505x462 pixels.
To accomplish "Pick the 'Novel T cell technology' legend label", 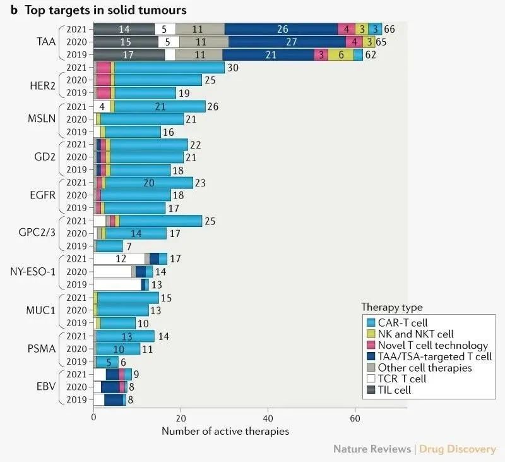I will click(x=433, y=346).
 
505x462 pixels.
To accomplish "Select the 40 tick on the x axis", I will click(x=268, y=418).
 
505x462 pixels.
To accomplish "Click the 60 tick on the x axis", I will click(x=355, y=418).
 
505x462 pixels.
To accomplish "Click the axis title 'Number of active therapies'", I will click(x=225, y=432).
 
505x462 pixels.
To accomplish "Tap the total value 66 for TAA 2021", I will click(x=389, y=29).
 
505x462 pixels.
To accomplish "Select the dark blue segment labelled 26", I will click(x=282, y=29).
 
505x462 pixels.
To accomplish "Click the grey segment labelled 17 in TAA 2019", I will click(x=129, y=55).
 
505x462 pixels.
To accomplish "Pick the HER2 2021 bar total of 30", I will click(x=232, y=68).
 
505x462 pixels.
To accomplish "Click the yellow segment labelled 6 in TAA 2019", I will click(x=341, y=55).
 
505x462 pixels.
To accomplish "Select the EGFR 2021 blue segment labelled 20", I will click(x=149, y=183).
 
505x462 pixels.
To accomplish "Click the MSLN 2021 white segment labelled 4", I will click(x=101, y=106).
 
